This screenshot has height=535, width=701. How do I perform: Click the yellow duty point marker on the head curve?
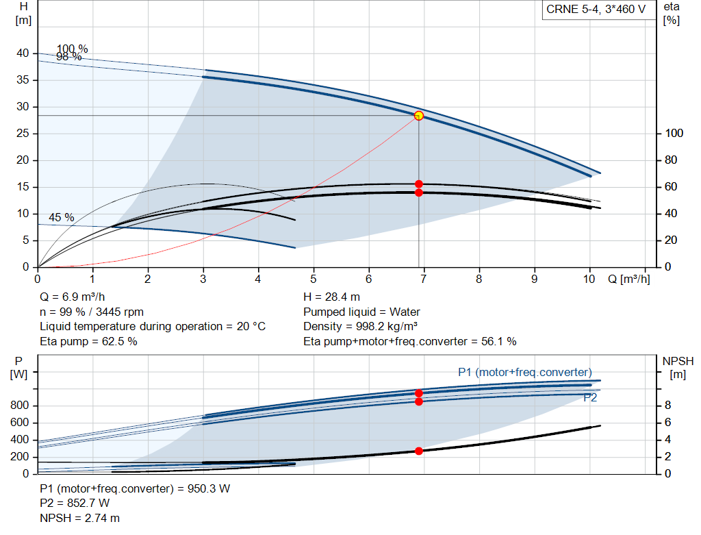pos(419,116)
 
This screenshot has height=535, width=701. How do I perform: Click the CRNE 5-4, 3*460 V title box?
pos(596,10)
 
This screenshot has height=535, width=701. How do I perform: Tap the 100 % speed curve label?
pos(73,49)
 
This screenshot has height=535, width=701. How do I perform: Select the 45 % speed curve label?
pos(62,217)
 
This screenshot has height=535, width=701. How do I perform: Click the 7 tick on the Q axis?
pos(424,279)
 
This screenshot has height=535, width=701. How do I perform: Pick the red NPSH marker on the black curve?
pos(419,451)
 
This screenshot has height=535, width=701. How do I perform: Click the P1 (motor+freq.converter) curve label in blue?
pos(524,372)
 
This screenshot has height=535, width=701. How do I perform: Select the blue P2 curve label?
pos(589,397)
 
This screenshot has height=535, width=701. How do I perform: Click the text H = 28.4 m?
pos(331,297)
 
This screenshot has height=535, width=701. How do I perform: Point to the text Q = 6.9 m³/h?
pos(73,297)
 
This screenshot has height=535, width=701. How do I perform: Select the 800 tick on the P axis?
pos(20,406)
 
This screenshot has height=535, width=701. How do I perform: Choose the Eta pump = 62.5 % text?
pos(88,341)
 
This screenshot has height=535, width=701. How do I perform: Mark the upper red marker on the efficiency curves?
pos(419,184)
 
